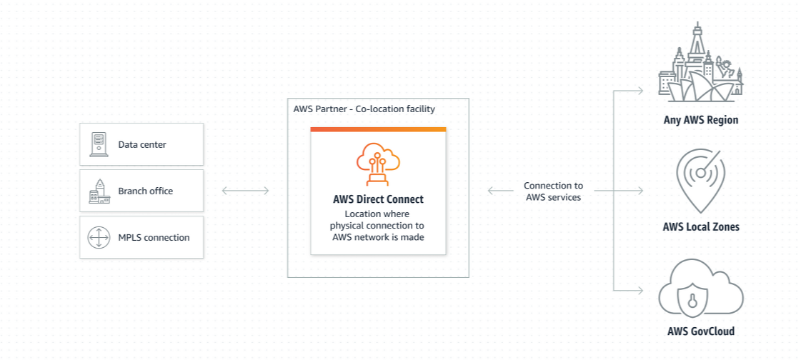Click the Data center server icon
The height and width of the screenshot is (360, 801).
coord(97,144)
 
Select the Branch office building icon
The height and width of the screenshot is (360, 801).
coord(98,191)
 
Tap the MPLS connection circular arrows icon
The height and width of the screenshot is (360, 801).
coord(98,237)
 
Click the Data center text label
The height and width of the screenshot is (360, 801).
coord(142,145)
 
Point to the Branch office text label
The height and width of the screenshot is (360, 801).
coord(145,191)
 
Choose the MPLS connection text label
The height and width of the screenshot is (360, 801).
coord(154,237)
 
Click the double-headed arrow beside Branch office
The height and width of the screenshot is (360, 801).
coord(245,191)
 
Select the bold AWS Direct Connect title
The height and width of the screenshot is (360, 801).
coord(378,199)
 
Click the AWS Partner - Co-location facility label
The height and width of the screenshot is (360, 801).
coord(364,109)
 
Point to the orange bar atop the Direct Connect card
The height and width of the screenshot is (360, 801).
coord(378,129)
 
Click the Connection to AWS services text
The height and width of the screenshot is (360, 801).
coord(553,191)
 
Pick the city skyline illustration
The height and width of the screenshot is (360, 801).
coord(700,64)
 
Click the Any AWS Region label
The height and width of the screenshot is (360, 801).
coord(700,120)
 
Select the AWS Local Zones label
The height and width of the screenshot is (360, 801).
coord(700,227)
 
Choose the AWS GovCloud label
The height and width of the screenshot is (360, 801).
coord(700,331)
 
